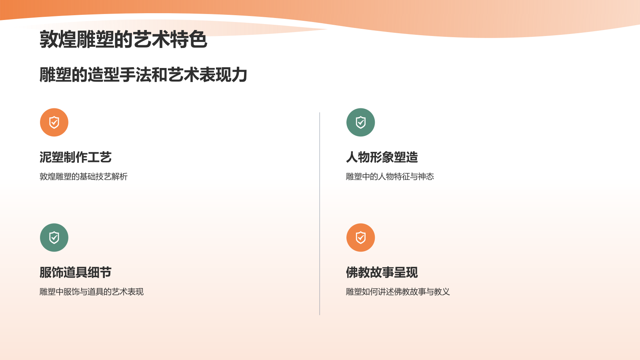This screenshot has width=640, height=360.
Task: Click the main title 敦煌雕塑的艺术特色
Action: [123, 40]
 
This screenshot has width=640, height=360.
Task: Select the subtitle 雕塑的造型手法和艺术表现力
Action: [143, 75]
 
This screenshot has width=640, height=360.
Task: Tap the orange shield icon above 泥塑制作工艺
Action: [54, 122]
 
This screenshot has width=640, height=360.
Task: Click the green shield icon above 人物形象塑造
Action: [360, 122]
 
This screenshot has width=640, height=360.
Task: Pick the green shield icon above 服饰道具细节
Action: [54, 238]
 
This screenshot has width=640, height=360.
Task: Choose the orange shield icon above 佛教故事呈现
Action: [360, 238]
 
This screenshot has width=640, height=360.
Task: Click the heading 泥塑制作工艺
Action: [75, 157]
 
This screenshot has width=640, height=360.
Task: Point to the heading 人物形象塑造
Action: [382, 157]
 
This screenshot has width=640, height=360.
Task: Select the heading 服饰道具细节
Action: [75, 272]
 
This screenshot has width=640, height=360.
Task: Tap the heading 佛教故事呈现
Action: [382, 272]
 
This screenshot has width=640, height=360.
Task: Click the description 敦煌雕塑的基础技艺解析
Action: [83, 176]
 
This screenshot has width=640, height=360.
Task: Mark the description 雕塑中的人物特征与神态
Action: [390, 176]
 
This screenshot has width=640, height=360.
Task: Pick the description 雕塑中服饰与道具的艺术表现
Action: [91, 292]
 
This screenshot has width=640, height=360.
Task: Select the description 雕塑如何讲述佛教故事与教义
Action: [398, 292]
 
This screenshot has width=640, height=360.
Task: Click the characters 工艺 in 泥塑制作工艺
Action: [100, 157]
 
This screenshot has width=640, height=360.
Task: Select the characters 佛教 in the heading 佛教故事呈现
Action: [358, 272]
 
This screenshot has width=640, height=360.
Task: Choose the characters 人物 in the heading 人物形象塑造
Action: [358, 157]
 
